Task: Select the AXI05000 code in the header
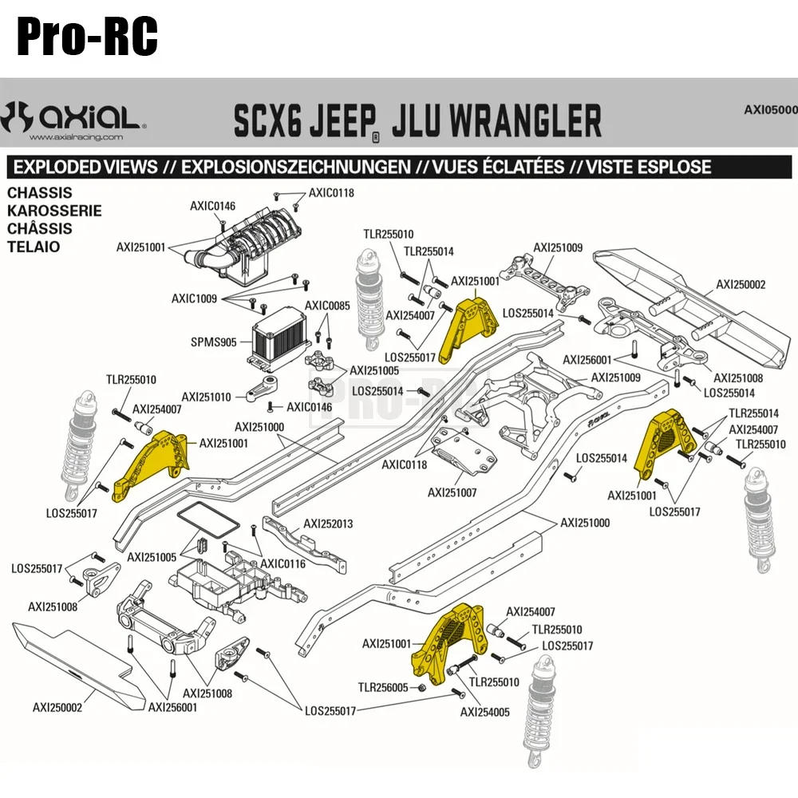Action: (x=770, y=109)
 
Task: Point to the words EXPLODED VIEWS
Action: (x=86, y=167)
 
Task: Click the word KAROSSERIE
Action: (x=53, y=211)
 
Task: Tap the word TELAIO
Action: (x=34, y=247)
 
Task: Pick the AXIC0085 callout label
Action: (x=327, y=306)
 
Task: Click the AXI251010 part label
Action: (x=206, y=397)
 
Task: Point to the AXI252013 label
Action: (x=328, y=524)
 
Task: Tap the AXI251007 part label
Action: (x=452, y=492)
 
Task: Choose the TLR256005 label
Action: (x=383, y=687)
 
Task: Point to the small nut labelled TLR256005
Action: (x=422, y=688)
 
